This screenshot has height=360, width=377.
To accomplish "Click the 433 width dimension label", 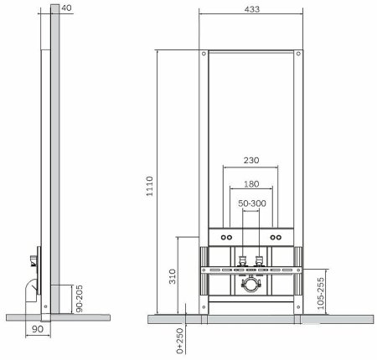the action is [x=252, y=9].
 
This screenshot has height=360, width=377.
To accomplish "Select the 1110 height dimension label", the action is [x=150, y=186].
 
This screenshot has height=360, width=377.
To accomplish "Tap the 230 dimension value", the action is [x=251, y=161].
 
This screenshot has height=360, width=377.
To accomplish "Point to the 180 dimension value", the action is [x=251, y=184].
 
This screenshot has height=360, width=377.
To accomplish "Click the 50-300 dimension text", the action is [x=252, y=203].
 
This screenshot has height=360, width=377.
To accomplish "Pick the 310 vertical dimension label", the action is [x=173, y=276].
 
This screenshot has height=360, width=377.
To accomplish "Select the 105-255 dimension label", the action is [x=321, y=293].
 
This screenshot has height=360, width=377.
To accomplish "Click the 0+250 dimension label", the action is [x=180, y=341].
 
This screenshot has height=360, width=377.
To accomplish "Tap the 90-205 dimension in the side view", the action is [x=80, y=299].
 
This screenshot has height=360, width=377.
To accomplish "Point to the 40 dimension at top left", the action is [x=66, y=8].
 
